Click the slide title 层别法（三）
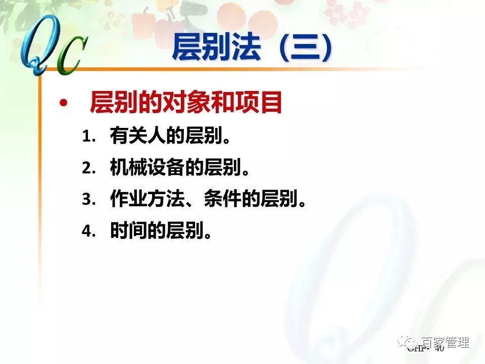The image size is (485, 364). point(253,48)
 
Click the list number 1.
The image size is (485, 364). point(88,136)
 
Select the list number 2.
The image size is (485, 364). point(88,168)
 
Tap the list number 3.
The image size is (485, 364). point(88,200)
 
